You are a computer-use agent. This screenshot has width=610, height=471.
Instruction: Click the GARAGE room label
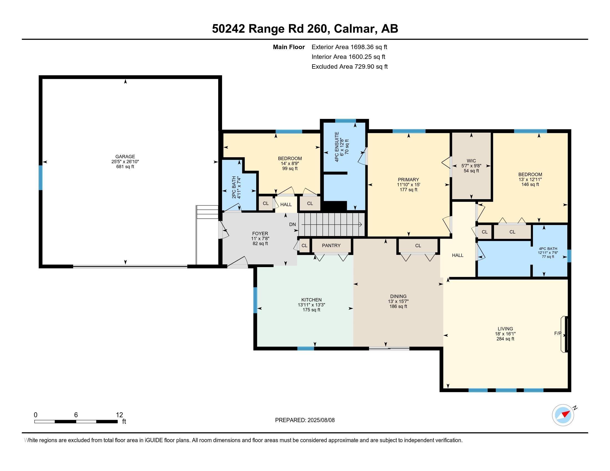[125, 157]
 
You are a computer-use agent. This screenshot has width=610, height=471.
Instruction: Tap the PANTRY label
[331, 245]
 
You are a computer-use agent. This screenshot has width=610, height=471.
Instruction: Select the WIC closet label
[471, 161]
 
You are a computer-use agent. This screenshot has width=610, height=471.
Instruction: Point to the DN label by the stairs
[293, 224]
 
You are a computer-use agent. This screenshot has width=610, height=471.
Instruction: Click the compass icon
[563, 415]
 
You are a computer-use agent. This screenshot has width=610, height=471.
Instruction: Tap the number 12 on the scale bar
[119, 415]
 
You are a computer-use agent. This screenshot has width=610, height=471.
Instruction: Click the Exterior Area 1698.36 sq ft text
[349, 47]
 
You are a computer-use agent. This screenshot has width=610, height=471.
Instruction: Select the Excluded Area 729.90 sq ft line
[349, 66]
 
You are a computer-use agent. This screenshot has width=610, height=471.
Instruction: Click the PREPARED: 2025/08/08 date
[305, 420]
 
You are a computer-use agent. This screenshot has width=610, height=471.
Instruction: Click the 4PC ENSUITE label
[337, 147]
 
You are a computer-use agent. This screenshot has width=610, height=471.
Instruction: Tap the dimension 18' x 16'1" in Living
[505, 334]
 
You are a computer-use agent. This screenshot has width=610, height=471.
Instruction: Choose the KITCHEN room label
[311, 300]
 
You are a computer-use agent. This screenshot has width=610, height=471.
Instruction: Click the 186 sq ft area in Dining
[398, 306]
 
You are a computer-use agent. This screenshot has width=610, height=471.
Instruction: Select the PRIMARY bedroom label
[408, 180]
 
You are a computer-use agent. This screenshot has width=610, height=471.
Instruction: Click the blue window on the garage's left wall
[40, 178]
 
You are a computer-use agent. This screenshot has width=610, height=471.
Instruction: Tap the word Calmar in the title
[354, 29]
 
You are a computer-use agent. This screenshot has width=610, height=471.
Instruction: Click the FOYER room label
[260, 234]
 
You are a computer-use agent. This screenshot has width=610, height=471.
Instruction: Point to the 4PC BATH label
[548, 249]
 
